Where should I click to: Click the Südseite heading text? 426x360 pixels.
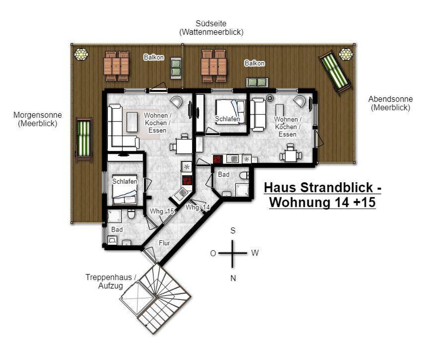(211, 23)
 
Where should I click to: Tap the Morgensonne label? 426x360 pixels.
(38, 115)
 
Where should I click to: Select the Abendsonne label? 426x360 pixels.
(390, 99)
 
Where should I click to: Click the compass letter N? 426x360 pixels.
(233, 278)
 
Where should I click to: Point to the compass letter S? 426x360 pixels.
(233, 231)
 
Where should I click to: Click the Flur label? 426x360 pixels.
(164, 243)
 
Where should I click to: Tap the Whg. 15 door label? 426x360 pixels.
(162, 212)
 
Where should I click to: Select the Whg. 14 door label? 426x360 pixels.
(198, 208)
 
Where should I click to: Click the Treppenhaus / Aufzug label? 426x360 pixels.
(111, 282)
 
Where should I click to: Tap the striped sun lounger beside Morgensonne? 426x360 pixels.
(84, 140)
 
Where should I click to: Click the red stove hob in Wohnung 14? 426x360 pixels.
(217, 159)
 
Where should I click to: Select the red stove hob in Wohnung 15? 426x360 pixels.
(187, 180)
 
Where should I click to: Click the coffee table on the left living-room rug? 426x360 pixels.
(132, 122)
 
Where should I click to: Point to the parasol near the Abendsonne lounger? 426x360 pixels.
(346, 54)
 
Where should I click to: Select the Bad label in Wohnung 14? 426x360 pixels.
(223, 174)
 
